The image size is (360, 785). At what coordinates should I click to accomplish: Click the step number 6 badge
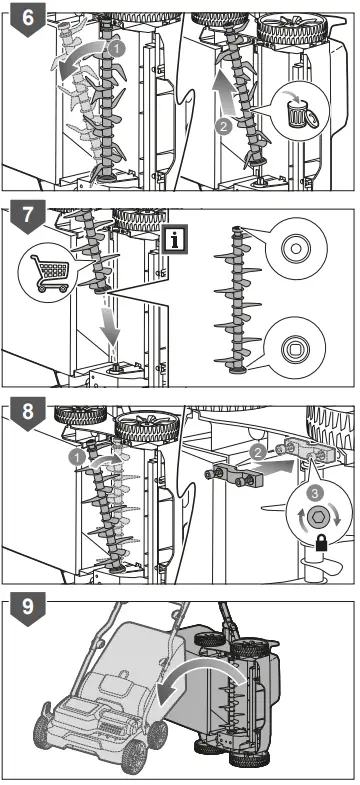28,18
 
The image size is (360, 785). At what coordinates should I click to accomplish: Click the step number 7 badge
28,215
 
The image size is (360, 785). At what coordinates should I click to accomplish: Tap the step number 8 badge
28,413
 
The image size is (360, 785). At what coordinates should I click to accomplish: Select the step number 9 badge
28,609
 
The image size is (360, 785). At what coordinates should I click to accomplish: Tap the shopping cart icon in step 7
50,274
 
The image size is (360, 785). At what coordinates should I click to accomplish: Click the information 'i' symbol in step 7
174,240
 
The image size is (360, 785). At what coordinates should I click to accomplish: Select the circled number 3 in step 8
315,494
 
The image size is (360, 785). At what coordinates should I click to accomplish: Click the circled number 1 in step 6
116,49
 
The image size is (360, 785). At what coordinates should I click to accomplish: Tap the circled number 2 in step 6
223,127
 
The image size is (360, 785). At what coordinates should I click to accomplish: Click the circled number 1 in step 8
78,456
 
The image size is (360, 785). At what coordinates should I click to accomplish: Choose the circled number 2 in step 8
257,454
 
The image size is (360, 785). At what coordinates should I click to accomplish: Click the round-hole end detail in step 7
295,247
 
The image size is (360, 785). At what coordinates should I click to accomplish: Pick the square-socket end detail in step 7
294,349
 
